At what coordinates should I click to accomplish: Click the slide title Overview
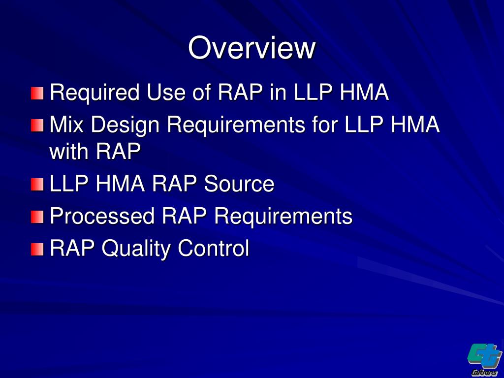pyautogui.click(x=252, y=48)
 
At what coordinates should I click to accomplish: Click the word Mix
pyautogui.click(x=66, y=125)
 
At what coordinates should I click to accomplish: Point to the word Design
pyautogui.click(x=125, y=126)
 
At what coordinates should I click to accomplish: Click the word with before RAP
pyautogui.click(x=69, y=152)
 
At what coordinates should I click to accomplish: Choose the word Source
pyautogui.click(x=239, y=184)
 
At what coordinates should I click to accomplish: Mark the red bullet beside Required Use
pyautogui.click(x=37, y=93)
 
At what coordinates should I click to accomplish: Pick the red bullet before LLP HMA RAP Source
pyautogui.click(x=37, y=185)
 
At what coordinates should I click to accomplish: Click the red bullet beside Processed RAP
pyautogui.click(x=37, y=217)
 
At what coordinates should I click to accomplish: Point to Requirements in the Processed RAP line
pyautogui.click(x=283, y=216)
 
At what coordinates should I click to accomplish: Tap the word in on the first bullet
pyautogui.click(x=278, y=93)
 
